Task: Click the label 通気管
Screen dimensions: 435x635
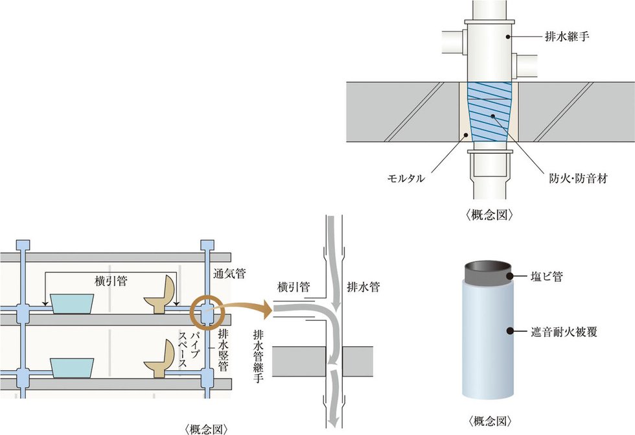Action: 229,274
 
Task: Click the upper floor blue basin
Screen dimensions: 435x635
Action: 72,303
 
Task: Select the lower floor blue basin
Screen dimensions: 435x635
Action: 72,368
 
